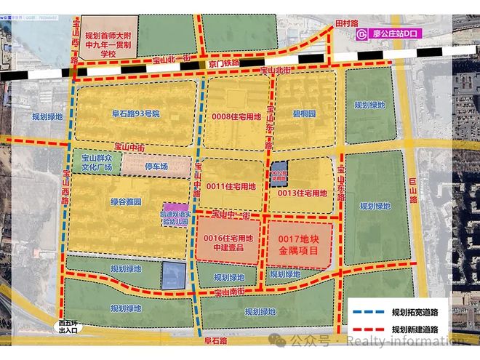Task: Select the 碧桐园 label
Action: [x=304, y=115]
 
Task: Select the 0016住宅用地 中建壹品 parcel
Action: [x=228, y=242]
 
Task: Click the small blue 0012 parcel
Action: [x=279, y=175]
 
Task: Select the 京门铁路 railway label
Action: [x=220, y=65]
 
